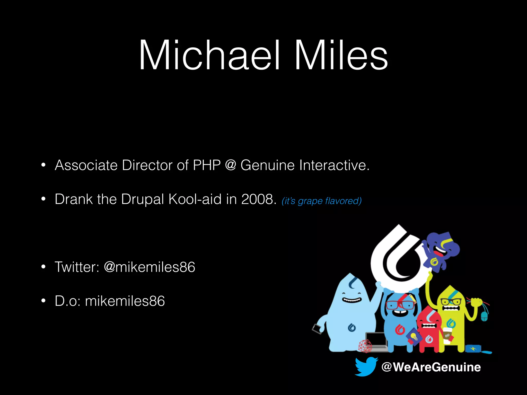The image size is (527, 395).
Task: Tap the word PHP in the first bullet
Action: tap(207, 165)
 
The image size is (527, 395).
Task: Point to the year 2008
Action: tap(258, 199)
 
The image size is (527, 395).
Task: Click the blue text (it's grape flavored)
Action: tap(322, 201)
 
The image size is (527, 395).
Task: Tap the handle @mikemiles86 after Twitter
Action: tap(149, 267)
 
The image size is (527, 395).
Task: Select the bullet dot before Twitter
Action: tap(43, 267)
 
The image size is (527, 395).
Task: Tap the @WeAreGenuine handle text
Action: tap(431, 367)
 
